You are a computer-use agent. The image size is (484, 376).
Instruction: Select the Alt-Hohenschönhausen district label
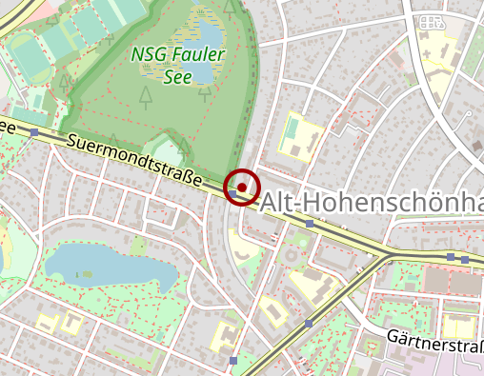click(372, 202)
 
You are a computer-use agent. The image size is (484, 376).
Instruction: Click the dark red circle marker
click(242, 186)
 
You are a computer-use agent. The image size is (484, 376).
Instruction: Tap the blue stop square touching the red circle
click(232, 193)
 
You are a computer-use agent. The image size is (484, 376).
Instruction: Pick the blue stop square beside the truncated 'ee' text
click(34, 132)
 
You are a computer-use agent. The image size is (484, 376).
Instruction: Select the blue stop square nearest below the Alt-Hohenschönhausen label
click(309, 225)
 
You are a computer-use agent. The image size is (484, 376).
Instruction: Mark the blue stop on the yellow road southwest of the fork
click(308, 324)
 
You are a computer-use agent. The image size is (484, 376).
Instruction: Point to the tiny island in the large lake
click(90, 277)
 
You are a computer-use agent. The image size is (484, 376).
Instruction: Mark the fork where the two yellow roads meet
click(386, 256)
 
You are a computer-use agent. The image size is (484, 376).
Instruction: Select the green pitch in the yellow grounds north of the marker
click(292, 128)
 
